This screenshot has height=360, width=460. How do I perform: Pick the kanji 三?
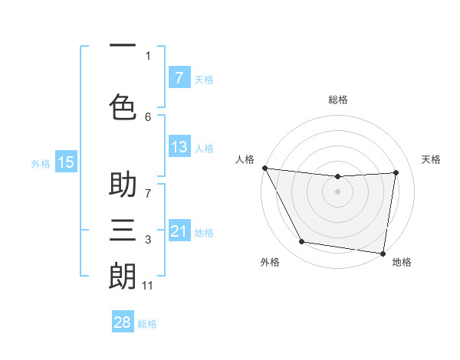tap(123, 229)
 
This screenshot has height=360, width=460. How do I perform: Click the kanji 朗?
tap(123, 275)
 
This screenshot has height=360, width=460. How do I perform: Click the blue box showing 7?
tap(179, 77)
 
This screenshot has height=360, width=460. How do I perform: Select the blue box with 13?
tap(179, 147)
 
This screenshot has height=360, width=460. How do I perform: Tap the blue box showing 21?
tap(179, 231)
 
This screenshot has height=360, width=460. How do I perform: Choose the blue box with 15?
tap(66, 162)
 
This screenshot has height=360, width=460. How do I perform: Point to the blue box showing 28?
tap(123, 322)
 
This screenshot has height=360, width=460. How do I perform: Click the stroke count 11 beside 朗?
tap(148, 286)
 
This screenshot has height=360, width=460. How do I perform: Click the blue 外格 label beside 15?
tap(41, 162)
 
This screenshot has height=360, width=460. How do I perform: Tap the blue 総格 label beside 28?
tap(148, 324)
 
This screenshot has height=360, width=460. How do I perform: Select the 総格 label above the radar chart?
tap(338, 100)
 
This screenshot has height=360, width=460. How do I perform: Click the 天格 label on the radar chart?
tap(432, 159)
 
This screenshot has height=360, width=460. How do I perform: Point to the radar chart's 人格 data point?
tap(264, 168)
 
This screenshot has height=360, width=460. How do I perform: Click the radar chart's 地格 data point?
tap(383, 253)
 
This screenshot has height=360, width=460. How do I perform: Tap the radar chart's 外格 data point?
tap(302, 242)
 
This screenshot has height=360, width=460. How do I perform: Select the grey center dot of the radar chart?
tap(338, 191)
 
